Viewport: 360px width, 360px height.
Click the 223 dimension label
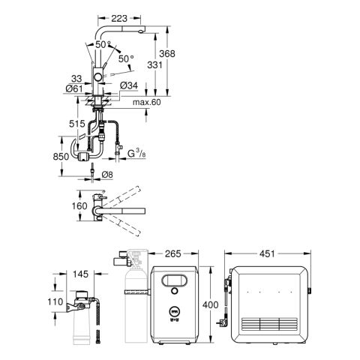click(x=119, y=18)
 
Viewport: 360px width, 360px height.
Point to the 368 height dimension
click(x=167, y=53)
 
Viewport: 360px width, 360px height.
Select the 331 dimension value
click(x=154, y=65)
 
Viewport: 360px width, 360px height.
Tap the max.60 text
click(x=147, y=102)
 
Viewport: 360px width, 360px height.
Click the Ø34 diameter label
click(x=129, y=85)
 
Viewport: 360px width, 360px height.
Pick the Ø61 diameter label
click(x=74, y=88)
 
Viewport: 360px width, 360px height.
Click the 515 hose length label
click(x=77, y=124)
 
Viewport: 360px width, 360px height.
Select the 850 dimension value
click(x=61, y=157)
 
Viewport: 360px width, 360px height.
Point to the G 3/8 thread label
click(x=136, y=153)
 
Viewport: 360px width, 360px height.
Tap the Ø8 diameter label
click(x=107, y=175)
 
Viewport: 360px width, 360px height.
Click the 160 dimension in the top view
click(x=79, y=206)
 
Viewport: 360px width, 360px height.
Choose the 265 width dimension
click(x=173, y=253)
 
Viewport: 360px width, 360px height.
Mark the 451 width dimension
click(x=267, y=253)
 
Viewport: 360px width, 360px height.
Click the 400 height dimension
click(x=210, y=305)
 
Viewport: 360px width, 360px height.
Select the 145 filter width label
click(x=80, y=274)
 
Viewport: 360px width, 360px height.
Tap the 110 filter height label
click(x=55, y=301)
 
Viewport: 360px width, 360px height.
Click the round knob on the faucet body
click(x=97, y=77)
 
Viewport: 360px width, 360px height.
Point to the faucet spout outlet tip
click(x=142, y=31)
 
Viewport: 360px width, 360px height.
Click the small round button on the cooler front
click(x=175, y=291)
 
